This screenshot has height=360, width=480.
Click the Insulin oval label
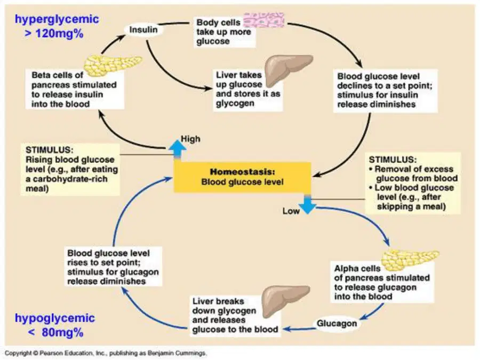click(x=143, y=30)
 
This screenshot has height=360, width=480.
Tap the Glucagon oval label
click(x=337, y=324)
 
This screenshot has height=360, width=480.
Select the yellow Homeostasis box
click(x=243, y=177)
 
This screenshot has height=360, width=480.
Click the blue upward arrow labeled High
click(x=177, y=149)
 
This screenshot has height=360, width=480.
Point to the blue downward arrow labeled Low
click(x=307, y=204)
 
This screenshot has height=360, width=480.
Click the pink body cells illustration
click(x=264, y=20)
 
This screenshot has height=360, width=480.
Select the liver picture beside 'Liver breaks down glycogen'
click(x=286, y=302)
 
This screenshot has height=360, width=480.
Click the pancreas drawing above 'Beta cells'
click(x=113, y=65)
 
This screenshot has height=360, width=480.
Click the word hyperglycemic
click(x=57, y=19)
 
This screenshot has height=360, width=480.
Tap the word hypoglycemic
click(x=55, y=318)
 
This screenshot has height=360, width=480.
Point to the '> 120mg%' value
click(x=54, y=34)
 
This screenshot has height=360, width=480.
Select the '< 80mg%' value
click(x=55, y=332)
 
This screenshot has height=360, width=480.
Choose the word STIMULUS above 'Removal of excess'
click(x=393, y=159)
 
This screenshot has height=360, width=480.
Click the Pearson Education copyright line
click(x=106, y=353)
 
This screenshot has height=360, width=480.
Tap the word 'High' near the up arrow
click(x=190, y=139)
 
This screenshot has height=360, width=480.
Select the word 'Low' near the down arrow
click(x=291, y=211)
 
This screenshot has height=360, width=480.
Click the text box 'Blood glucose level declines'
click(x=386, y=91)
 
